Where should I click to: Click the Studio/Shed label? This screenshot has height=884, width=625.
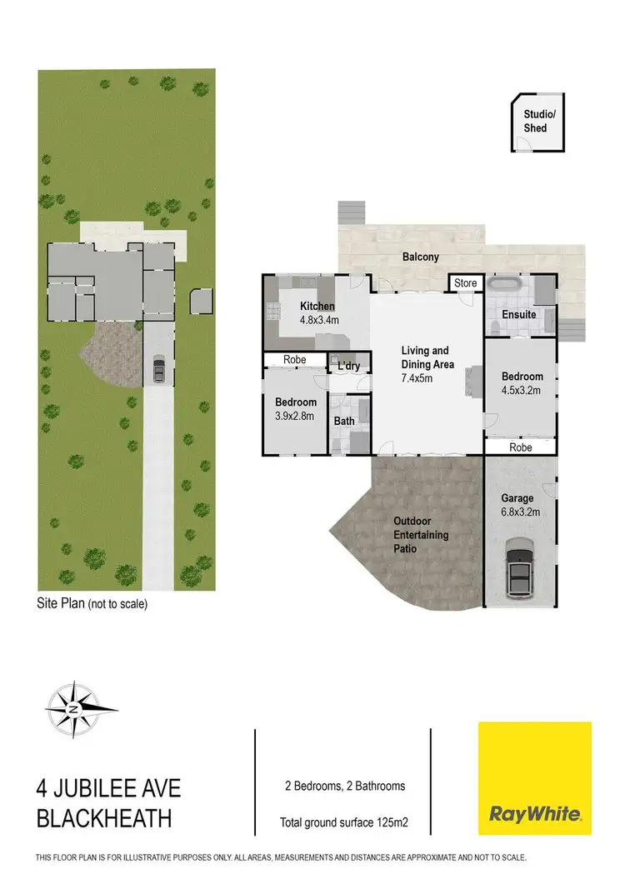coord(535,122)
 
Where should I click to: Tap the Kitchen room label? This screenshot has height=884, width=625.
coord(317,307)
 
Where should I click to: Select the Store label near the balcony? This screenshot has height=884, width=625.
coord(466,283)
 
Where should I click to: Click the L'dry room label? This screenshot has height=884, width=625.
coord(348,366)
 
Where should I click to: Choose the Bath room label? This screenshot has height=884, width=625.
coord(344,421)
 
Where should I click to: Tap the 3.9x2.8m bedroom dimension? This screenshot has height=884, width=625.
coord(295,416)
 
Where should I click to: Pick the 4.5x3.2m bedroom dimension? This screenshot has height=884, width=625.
coord(522,389)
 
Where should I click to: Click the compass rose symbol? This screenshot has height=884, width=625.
coord(74,708)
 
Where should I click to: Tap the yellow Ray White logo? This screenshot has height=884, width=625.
coord(534,778)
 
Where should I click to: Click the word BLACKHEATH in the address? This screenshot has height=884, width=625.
coord(104,819)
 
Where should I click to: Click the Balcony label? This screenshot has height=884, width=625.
coord(420,257)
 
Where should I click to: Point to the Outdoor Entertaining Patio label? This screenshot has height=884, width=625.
coord(421,535)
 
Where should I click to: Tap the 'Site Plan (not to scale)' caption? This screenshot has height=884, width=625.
coord(92,604)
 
